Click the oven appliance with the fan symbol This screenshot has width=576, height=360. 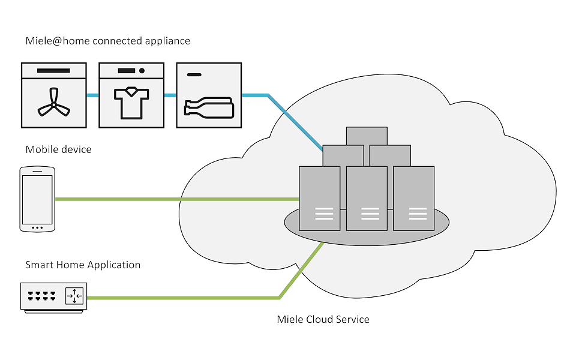pyautogui.click(x=54, y=95)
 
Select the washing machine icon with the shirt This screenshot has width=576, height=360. pyautogui.click(x=131, y=95)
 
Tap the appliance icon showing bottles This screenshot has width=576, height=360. pyautogui.click(x=209, y=95)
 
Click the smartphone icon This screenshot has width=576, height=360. pyautogui.click(x=37, y=199)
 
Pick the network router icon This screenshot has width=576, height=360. pyautogui.click(x=54, y=296)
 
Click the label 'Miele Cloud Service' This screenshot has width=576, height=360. pyautogui.click(x=323, y=319)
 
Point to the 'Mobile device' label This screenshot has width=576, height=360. pyautogui.click(x=59, y=149)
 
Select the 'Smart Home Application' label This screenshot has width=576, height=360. pyautogui.click(x=83, y=265)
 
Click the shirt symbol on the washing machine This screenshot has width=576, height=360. pyautogui.click(x=131, y=103)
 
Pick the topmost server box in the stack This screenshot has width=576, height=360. pyautogui.click(x=367, y=136)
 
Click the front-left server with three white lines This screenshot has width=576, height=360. pyautogui.click(x=319, y=198)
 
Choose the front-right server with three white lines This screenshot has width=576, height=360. pyautogui.click(x=413, y=198)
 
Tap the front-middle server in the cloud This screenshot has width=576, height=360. pyautogui.click(x=367, y=198)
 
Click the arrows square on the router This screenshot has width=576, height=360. pyautogui.click(x=75, y=295)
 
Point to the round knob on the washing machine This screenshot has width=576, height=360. pyautogui.click(x=142, y=71)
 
